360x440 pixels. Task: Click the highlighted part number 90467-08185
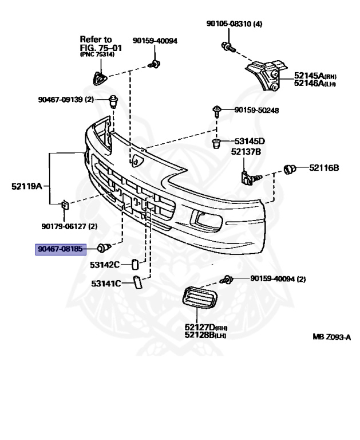pos(61,249)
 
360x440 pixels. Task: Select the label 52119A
pos(27,186)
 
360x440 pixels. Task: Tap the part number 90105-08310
pos(229,23)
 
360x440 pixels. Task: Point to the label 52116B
pos(324,168)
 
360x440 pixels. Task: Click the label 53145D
pos(250,141)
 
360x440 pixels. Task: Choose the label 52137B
pos(246,152)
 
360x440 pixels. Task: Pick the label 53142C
pos(105,265)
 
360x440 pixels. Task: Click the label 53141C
pos(106,284)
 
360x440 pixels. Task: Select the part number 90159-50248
pos(256,110)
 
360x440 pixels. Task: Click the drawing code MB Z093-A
pos(332,337)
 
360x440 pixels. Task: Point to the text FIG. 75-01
pos(101,48)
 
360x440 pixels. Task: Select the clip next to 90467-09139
pos(113,101)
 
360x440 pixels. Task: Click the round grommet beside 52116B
pos(290,169)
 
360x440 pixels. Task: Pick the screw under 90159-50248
pos(217,111)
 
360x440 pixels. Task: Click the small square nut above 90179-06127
pos(65,205)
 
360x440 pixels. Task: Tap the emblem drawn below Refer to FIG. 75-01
pos(100,78)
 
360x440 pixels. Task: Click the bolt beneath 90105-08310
pos(228,47)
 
